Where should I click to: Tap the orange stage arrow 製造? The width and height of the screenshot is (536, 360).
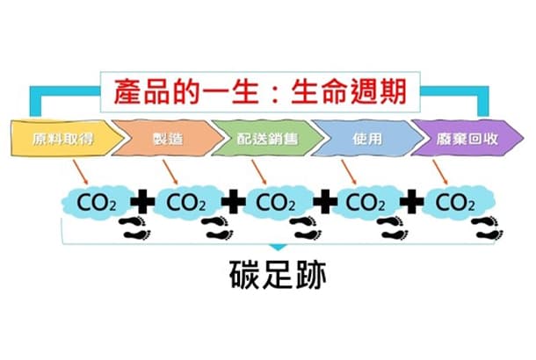(x=162, y=139)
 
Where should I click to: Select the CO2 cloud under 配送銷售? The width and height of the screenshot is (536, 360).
(x=276, y=202)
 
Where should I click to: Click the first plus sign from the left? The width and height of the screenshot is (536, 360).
(x=141, y=203)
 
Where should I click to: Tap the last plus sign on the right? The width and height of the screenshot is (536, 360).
(x=409, y=203)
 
